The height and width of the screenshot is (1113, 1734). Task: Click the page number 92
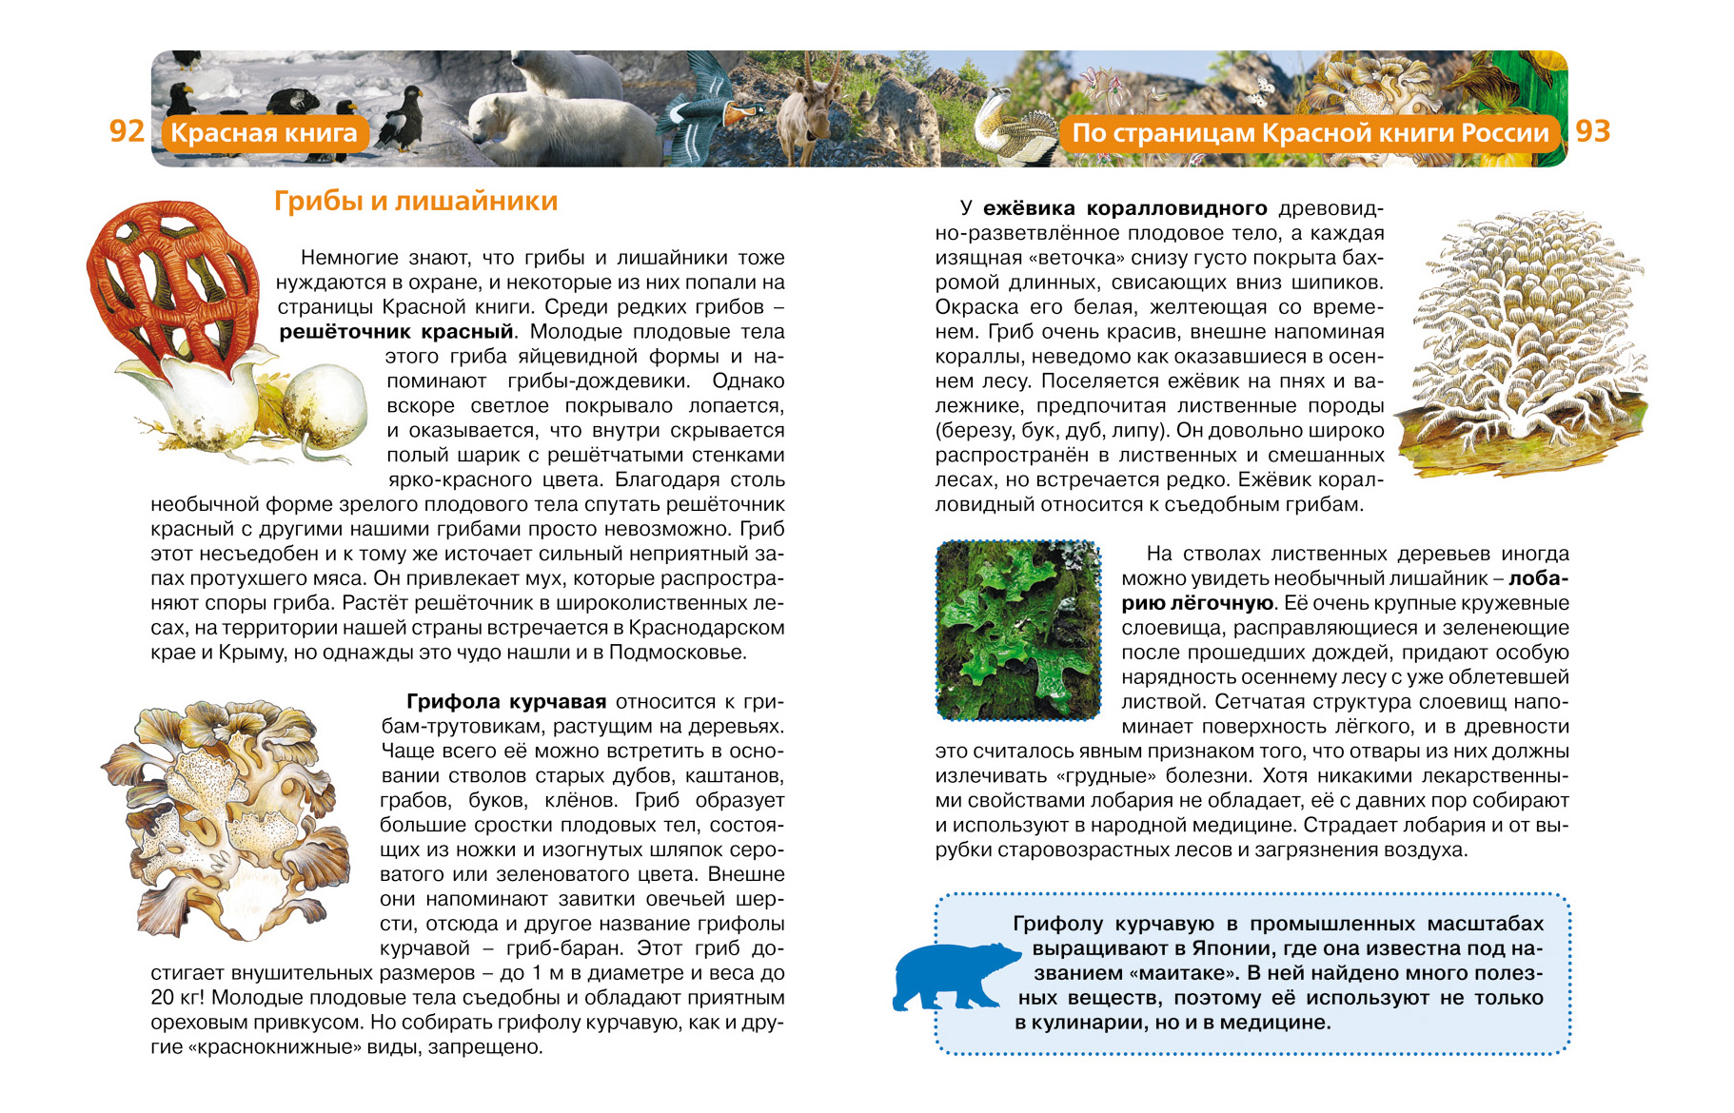pos(127,131)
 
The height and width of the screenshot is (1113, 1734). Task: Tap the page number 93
pos(1592,131)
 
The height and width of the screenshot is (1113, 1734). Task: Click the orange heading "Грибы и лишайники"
pos(416,202)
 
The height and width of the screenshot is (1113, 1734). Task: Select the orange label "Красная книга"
pos(264,133)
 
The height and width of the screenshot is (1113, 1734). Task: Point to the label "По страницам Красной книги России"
pos(1310,133)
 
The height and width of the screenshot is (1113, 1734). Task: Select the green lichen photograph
pos(1018,630)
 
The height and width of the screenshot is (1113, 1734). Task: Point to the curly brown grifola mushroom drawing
pos(228,818)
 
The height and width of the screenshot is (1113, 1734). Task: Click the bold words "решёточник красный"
pos(396,332)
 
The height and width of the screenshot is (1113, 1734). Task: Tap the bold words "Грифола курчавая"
pos(506,702)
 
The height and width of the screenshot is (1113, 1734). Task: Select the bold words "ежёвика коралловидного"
pos(1125,208)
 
